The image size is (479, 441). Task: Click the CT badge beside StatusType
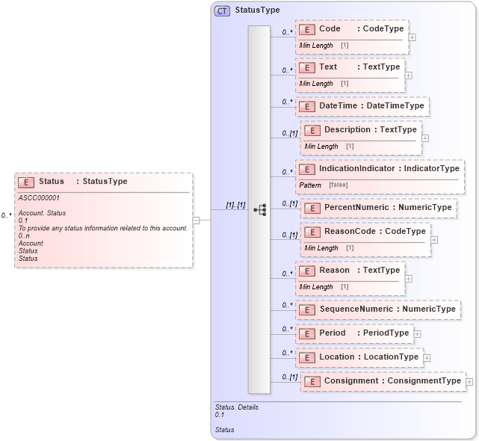point(222,11)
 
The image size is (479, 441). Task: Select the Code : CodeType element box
point(352,29)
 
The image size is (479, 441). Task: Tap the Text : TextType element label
point(350,67)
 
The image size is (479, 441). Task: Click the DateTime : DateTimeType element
point(362,106)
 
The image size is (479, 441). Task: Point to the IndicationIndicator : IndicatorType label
point(380,169)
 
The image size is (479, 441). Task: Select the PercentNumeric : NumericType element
point(378,207)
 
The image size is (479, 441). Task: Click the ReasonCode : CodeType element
point(365,232)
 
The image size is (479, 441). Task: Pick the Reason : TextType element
point(350,271)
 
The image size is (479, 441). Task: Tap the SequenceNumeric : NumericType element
point(377,309)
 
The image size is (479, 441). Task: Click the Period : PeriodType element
point(354,333)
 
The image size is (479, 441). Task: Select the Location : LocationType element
point(359,357)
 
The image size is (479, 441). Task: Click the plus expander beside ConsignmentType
point(469,382)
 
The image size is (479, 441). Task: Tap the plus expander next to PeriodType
point(417,334)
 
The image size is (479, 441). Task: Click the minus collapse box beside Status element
point(196,220)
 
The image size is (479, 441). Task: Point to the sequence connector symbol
point(260,210)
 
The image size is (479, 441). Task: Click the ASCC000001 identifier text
point(39,198)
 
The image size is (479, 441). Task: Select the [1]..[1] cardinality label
point(235,205)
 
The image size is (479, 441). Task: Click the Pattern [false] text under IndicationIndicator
point(323,185)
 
